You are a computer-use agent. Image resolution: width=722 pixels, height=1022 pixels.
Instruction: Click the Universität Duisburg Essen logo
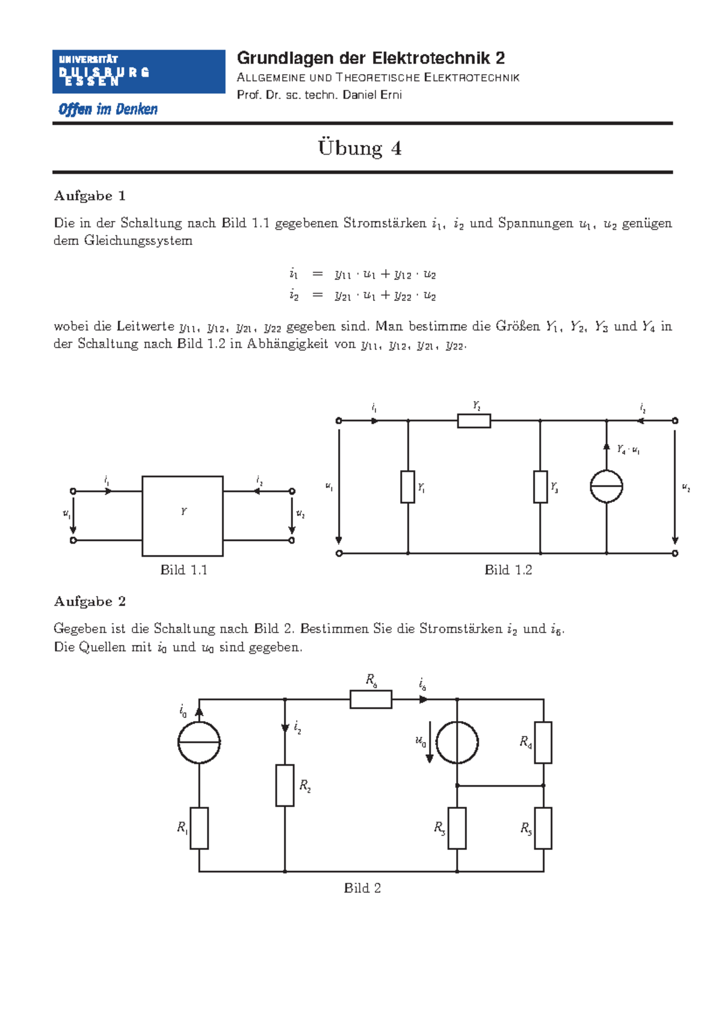(138, 72)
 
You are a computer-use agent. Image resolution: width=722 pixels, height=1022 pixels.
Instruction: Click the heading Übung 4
(360, 148)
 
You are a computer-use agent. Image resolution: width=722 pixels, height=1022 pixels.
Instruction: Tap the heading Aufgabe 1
(90, 196)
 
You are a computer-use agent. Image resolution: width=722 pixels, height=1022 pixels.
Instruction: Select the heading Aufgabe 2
(90, 601)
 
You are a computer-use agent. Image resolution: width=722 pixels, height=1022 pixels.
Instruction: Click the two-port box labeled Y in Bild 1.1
(182, 516)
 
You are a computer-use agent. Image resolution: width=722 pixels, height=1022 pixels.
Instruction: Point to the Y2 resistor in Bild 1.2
(474, 421)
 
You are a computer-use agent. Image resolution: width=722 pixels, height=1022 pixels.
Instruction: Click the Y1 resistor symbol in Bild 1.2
(408, 487)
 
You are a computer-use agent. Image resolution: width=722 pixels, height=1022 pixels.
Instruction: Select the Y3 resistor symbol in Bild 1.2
(540, 487)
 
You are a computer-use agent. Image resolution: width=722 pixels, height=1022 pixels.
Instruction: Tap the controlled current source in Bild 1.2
(606, 487)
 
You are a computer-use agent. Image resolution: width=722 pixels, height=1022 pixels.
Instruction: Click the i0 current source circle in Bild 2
(199, 743)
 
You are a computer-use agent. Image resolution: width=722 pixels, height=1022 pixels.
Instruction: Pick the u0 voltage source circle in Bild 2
(457, 743)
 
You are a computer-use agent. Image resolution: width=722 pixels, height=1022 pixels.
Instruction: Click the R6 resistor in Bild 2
(371, 699)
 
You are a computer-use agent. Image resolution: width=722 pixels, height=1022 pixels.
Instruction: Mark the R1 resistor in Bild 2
(199, 828)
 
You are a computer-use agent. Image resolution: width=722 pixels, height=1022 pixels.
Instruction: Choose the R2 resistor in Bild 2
(285, 785)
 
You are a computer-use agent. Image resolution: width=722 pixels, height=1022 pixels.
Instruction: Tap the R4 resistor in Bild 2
(543, 743)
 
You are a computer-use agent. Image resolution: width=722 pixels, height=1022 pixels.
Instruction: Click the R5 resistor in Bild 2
(543, 828)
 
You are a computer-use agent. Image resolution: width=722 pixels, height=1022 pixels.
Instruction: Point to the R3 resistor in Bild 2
(457, 828)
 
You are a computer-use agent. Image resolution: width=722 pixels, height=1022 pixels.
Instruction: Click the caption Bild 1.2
(508, 570)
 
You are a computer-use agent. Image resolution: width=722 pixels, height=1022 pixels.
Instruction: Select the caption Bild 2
(362, 888)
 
